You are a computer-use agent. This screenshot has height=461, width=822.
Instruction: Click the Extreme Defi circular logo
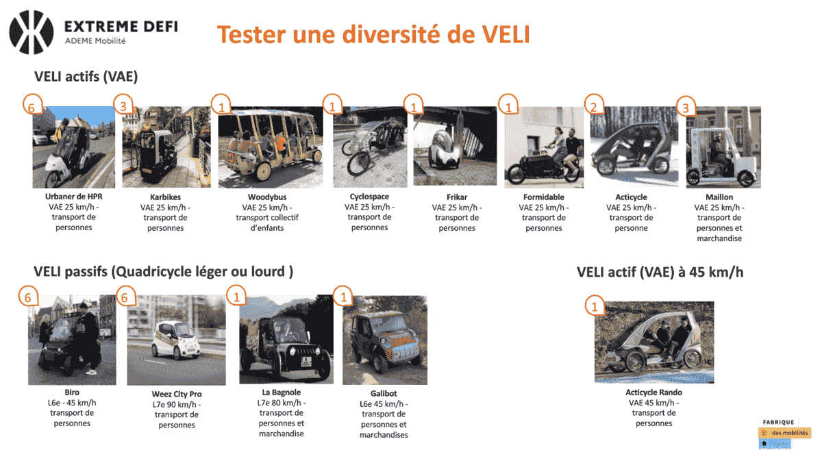pos(32,32)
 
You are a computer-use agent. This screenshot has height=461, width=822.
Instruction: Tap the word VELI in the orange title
pos(506,34)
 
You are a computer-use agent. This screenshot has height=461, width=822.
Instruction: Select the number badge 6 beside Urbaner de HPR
pos(32,105)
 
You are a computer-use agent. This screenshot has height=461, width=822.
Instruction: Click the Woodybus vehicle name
pos(267,197)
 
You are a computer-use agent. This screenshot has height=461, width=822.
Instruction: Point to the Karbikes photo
pos(166,147)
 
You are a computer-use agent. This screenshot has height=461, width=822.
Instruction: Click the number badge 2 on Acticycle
pos(594,105)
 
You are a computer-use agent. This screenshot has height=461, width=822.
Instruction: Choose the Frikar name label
pos(457,197)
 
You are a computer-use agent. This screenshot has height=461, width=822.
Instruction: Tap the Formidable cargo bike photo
pos(544,147)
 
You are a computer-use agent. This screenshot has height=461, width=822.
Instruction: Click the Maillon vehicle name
pos(719,197)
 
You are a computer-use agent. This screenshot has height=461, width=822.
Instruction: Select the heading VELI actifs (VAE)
pos(86,77)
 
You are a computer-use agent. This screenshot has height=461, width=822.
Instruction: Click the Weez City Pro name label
pos(177,394)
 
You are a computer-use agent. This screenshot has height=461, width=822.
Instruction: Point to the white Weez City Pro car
pos(176,340)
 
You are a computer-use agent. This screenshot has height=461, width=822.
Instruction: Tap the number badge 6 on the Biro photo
pos(29,296)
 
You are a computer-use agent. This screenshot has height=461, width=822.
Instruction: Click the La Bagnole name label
pos(282,393)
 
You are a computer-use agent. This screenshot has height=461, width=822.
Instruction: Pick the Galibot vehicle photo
pos(385,340)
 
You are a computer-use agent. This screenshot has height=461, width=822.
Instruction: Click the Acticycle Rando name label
pos(654,393)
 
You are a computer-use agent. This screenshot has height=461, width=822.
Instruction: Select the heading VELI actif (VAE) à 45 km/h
pos(660,273)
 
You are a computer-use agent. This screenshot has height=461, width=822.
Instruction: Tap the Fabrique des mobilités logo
pos(784,434)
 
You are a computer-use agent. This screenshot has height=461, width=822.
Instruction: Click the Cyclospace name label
pos(369,197)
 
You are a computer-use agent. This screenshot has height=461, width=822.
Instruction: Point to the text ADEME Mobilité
pos(95,41)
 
